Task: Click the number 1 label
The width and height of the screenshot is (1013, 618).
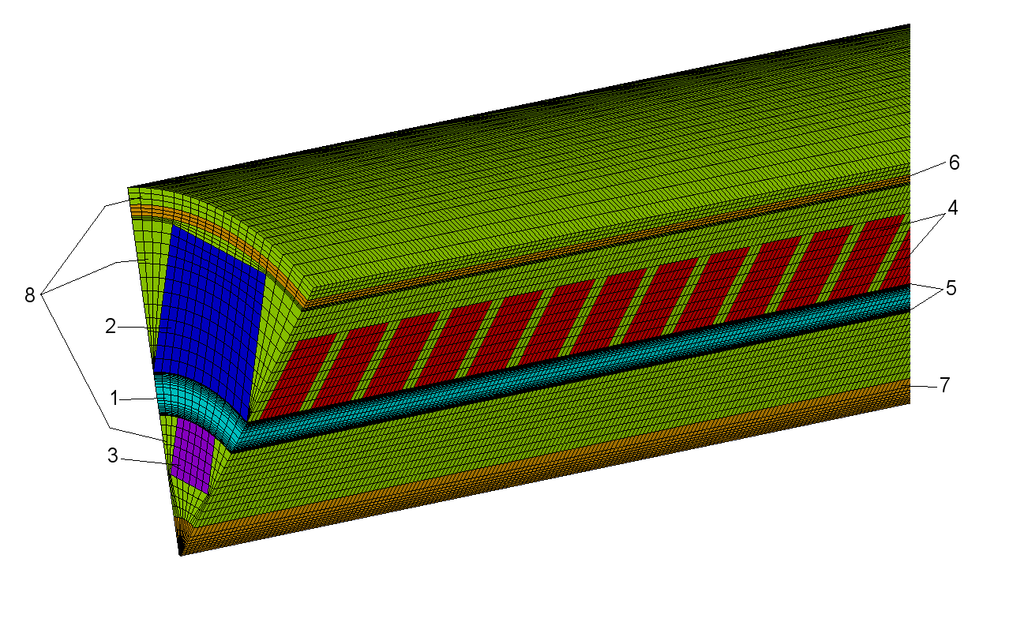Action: tap(114, 399)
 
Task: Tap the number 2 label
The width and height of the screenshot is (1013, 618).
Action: tap(111, 327)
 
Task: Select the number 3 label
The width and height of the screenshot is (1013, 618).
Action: tap(113, 455)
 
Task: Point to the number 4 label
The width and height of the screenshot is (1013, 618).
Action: tap(952, 208)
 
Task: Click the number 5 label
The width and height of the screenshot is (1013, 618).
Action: tap(951, 288)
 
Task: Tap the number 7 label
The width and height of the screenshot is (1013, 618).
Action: tap(945, 385)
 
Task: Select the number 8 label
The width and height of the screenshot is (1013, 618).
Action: tap(29, 296)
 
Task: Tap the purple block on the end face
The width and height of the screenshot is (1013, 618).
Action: tap(192, 455)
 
